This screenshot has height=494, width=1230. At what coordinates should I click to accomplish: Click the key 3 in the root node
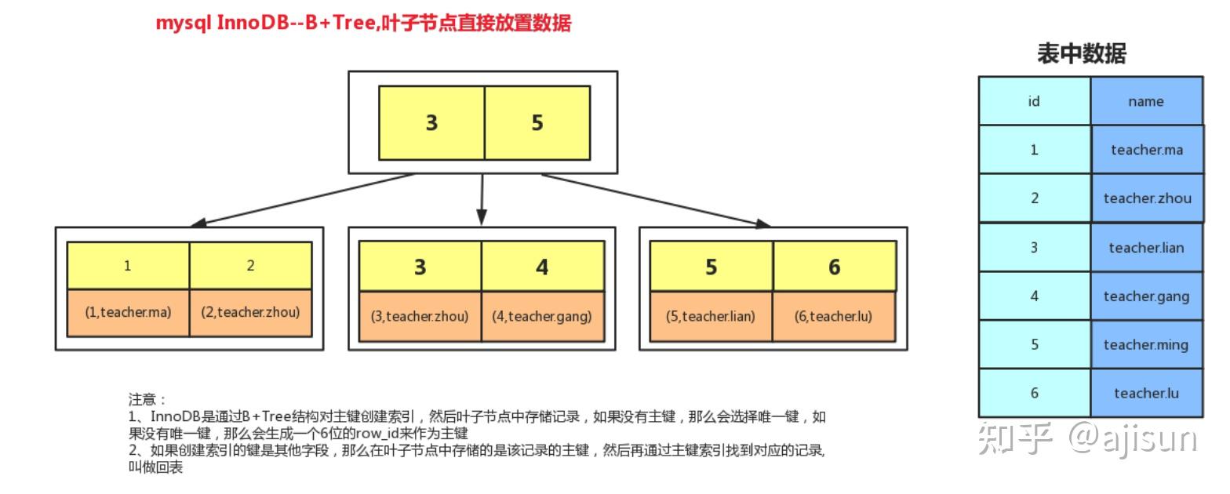point(431,123)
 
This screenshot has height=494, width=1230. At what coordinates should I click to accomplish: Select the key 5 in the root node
point(537,123)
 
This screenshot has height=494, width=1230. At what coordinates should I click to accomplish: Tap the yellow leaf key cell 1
point(128,266)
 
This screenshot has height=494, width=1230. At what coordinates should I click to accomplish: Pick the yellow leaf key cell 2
point(250,266)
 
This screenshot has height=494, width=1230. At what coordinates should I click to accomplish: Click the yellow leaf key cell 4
point(542,267)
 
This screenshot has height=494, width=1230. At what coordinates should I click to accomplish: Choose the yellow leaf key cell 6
point(834,267)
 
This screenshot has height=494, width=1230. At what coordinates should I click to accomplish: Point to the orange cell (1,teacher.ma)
point(128,312)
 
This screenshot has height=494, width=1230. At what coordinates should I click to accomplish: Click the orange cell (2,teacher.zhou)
point(250,312)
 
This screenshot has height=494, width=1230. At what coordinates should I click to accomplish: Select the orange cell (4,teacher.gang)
point(542,317)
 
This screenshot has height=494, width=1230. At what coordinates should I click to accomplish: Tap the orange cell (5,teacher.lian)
point(711,317)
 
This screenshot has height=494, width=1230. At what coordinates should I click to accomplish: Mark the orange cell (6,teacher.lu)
point(834,317)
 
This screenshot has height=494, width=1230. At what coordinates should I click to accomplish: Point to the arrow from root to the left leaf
point(306,199)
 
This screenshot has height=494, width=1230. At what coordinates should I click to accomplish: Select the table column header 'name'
point(1146,101)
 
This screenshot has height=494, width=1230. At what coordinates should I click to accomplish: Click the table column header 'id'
point(1034,101)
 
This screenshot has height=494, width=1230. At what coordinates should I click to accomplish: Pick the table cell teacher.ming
point(1146,344)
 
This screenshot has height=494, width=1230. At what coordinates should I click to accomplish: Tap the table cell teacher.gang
point(1146,296)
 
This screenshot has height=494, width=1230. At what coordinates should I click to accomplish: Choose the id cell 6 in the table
point(1034,393)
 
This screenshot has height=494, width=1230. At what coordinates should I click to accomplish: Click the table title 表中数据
point(1082,54)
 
